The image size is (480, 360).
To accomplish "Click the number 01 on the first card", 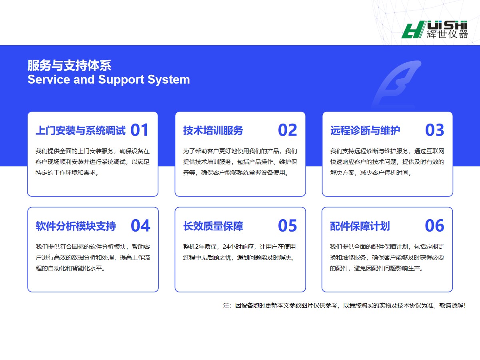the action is (140, 130).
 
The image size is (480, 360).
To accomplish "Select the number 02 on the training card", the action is (287, 130).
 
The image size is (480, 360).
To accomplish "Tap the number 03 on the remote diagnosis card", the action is (434, 130).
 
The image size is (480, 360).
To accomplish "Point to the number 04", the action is (140, 226).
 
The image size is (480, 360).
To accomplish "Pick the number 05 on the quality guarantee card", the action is (287, 226).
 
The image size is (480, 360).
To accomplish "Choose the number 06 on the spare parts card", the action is (434, 226).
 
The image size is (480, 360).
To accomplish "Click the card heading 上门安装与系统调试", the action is (80, 130).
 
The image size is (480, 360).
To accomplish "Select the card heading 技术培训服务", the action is (213, 130).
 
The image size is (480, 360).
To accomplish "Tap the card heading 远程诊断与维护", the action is (365, 130).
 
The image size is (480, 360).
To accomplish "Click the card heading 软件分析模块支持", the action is (76, 226).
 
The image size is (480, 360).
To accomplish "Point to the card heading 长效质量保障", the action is (213, 226).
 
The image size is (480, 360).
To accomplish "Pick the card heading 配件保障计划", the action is (360, 226).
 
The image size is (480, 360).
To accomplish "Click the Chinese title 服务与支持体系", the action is (69, 65).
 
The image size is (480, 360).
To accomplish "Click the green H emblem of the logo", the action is (413, 30).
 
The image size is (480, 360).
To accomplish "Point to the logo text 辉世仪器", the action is (447, 34).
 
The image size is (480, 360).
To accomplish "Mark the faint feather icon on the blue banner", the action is (396, 84).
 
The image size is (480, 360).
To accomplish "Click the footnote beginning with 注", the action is (344, 305).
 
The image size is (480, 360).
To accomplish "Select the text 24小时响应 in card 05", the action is (238, 247).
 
